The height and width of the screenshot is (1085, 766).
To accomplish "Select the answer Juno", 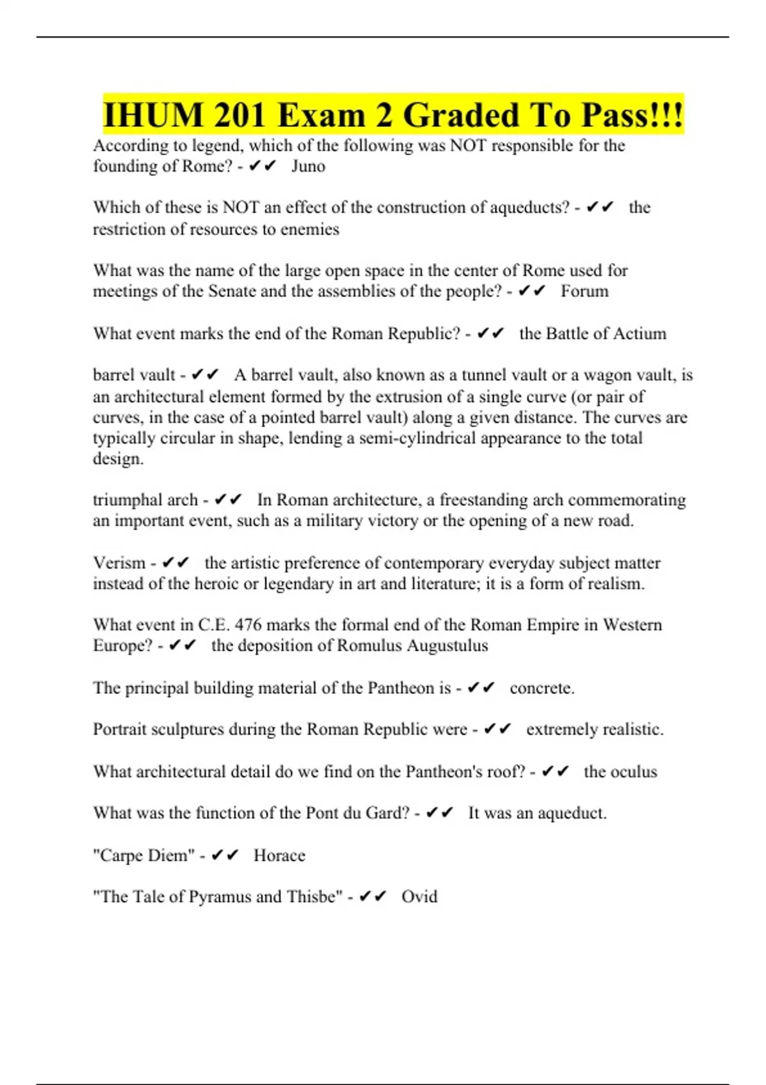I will [308, 166].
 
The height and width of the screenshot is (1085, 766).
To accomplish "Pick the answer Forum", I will [585, 291].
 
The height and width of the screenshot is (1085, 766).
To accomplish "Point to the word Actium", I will [638, 333].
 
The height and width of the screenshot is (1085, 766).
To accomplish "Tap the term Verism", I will [119, 563].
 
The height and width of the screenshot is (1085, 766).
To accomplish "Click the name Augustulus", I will [447, 645].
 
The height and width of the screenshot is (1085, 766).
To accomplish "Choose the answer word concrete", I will [542, 688].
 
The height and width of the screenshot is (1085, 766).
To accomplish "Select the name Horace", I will [280, 855].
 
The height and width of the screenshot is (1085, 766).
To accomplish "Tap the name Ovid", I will [419, 897].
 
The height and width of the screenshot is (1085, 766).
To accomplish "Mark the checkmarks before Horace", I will [225, 855].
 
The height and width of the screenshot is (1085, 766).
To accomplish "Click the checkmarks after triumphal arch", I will [229, 500].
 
